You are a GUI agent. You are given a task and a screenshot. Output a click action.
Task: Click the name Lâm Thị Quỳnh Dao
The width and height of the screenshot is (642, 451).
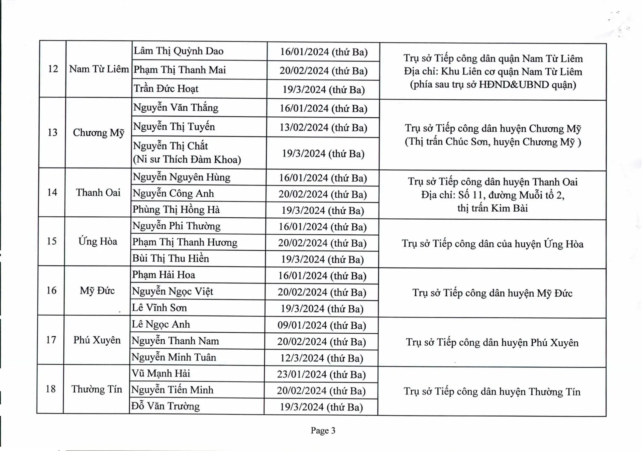click(x=179, y=51)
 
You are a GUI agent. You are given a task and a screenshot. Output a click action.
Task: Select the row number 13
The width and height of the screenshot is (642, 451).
click(x=52, y=132)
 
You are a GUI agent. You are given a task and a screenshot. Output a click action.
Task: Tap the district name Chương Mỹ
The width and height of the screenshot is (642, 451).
click(x=99, y=133)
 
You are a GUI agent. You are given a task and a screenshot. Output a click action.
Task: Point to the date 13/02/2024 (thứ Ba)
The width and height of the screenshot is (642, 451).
click(x=323, y=127)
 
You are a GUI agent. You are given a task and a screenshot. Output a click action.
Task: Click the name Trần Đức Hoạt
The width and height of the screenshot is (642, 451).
click(x=166, y=89)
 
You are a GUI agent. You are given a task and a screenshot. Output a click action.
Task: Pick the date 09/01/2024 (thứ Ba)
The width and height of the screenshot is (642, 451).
click(x=322, y=325)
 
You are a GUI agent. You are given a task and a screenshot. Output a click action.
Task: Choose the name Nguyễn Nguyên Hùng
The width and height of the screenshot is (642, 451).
click(x=182, y=177)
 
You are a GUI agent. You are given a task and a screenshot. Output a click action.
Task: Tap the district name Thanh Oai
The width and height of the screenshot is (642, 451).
click(x=98, y=193)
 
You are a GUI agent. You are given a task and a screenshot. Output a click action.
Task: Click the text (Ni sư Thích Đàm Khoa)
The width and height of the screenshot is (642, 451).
click(x=187, y=159)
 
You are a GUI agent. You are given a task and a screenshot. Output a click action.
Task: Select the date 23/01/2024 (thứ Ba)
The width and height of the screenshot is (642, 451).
click(x=321, y=374)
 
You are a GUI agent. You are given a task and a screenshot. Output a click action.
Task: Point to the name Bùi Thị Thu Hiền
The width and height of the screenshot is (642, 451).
click(x=171, y=258)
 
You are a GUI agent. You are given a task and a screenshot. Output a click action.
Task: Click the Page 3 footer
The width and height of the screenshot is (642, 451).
click(x=323, y=430)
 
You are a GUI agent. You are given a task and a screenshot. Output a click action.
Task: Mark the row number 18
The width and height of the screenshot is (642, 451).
click(x=50, y=389)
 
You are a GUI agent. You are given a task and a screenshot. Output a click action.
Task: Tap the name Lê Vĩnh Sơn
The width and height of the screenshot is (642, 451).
click(x=159, y=308)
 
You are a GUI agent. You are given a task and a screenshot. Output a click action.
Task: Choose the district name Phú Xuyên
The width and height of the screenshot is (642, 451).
click(x=97, y=340)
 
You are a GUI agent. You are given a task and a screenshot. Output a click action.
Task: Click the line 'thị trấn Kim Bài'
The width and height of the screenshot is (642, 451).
click(x=493, y=208)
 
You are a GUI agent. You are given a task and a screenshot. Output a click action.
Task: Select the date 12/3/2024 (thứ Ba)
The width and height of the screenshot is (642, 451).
click(x=322, y=358)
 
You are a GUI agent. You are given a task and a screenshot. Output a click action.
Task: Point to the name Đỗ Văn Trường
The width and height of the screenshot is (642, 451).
click(x=166, y=406)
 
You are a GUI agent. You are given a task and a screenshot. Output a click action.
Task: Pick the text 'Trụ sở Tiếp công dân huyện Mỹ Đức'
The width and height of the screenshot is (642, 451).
click(x=492, y=293)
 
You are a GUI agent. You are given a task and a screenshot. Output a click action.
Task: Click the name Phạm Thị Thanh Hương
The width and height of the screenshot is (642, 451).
click(x=185, y=242)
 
